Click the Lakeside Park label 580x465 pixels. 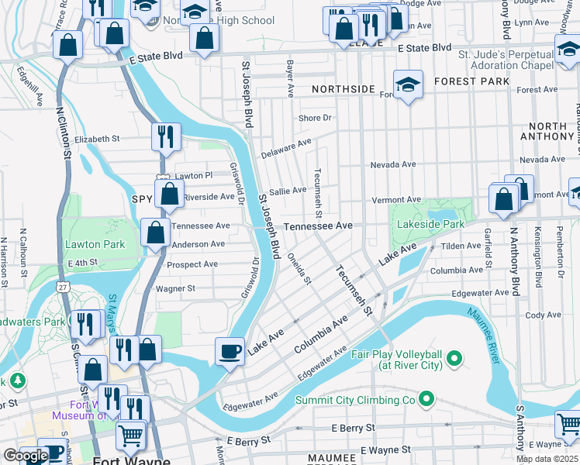click(x=430, y=225)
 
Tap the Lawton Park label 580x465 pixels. click(x=95, y=244)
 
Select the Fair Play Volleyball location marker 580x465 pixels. click(x=454, y=359)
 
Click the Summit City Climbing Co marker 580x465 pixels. click(x=425, y=400)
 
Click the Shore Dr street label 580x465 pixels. click(x=315, y=119)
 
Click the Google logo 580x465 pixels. click(x=26, y=456)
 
